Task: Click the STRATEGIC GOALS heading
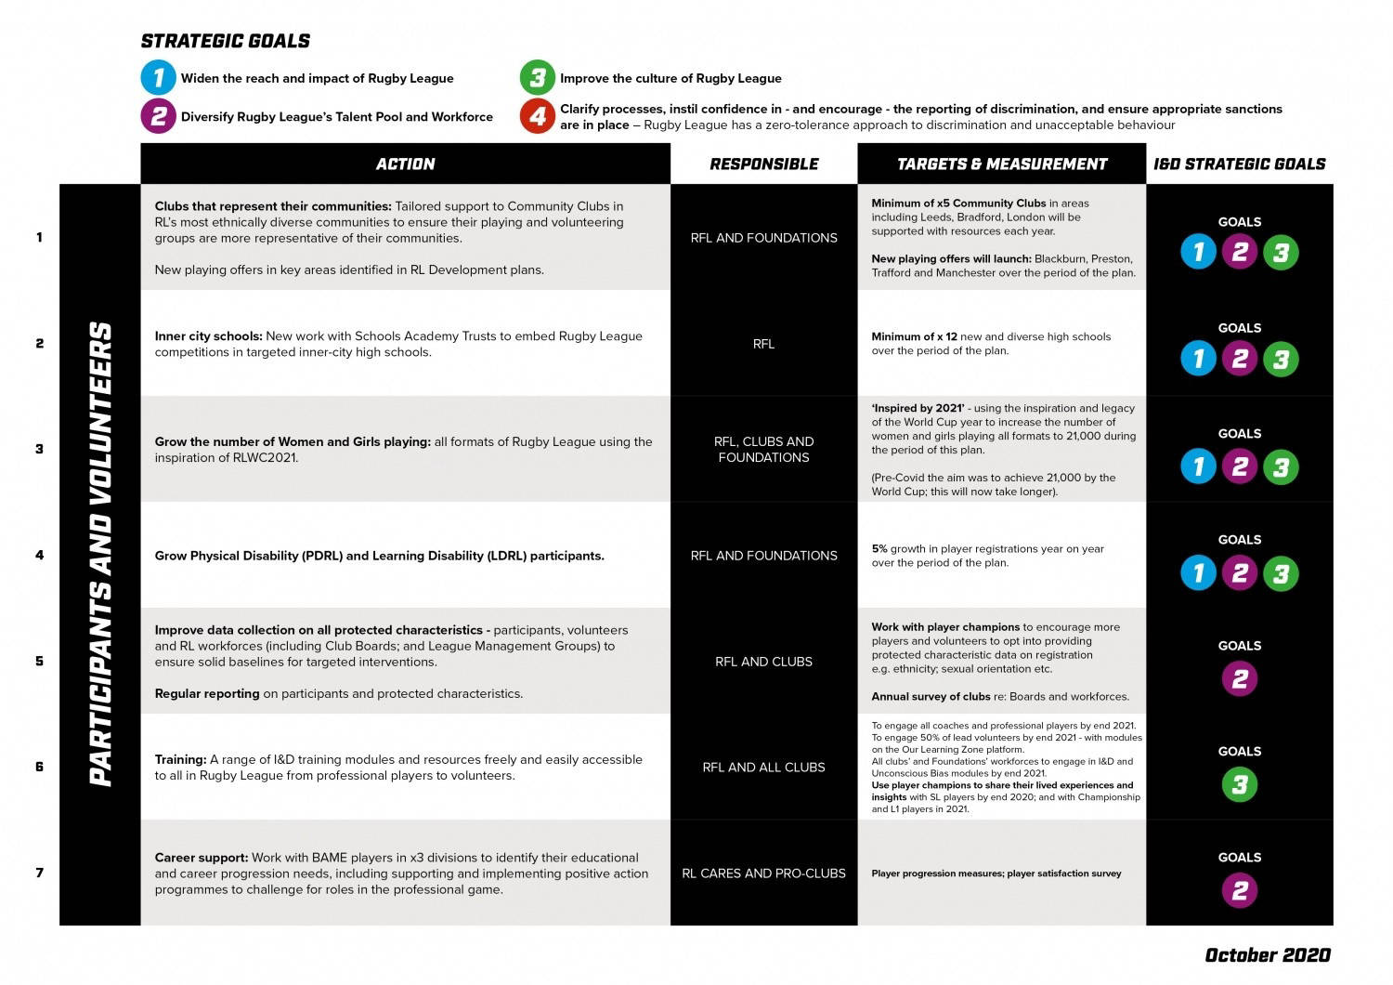[226, 41]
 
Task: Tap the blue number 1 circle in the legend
[159, 78]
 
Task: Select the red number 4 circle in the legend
[538, 117]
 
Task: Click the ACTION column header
[405, 164]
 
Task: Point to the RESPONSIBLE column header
[763, 164]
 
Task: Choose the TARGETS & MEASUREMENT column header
[1001, 164]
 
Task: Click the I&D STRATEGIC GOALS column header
[1239, 164]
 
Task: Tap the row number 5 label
[39, 662]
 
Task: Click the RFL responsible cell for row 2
[763, 344]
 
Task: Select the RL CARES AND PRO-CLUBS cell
[763, 873]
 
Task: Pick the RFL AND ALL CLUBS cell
[763, 768]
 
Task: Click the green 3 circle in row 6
[1239, 785]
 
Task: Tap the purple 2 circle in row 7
[1239, 891]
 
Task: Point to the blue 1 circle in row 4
[1198, 573]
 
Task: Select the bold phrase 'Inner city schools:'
[209, 336]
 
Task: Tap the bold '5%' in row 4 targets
[879, 549]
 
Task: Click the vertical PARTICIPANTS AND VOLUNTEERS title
[100, 555]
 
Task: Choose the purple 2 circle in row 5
[1239, 679]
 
